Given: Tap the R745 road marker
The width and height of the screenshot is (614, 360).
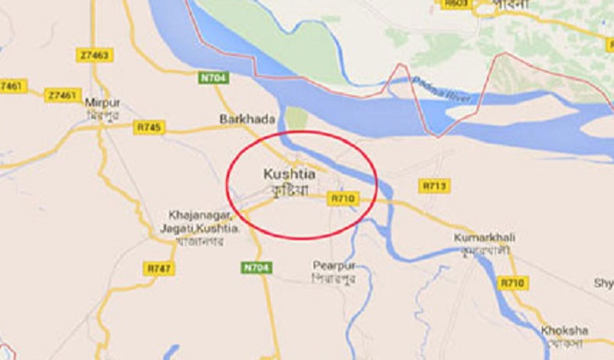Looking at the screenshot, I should click(149, 128).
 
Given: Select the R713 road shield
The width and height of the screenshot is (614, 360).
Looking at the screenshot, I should click(434, 185).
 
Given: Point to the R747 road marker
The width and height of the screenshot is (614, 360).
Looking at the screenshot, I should click(158, 269).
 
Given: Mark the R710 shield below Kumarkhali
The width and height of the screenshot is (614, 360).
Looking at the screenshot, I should click(511, 282).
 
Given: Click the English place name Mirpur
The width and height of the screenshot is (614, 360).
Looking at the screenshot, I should click(102, 103).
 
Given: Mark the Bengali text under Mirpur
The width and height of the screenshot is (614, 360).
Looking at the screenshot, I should click(103, 115).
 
